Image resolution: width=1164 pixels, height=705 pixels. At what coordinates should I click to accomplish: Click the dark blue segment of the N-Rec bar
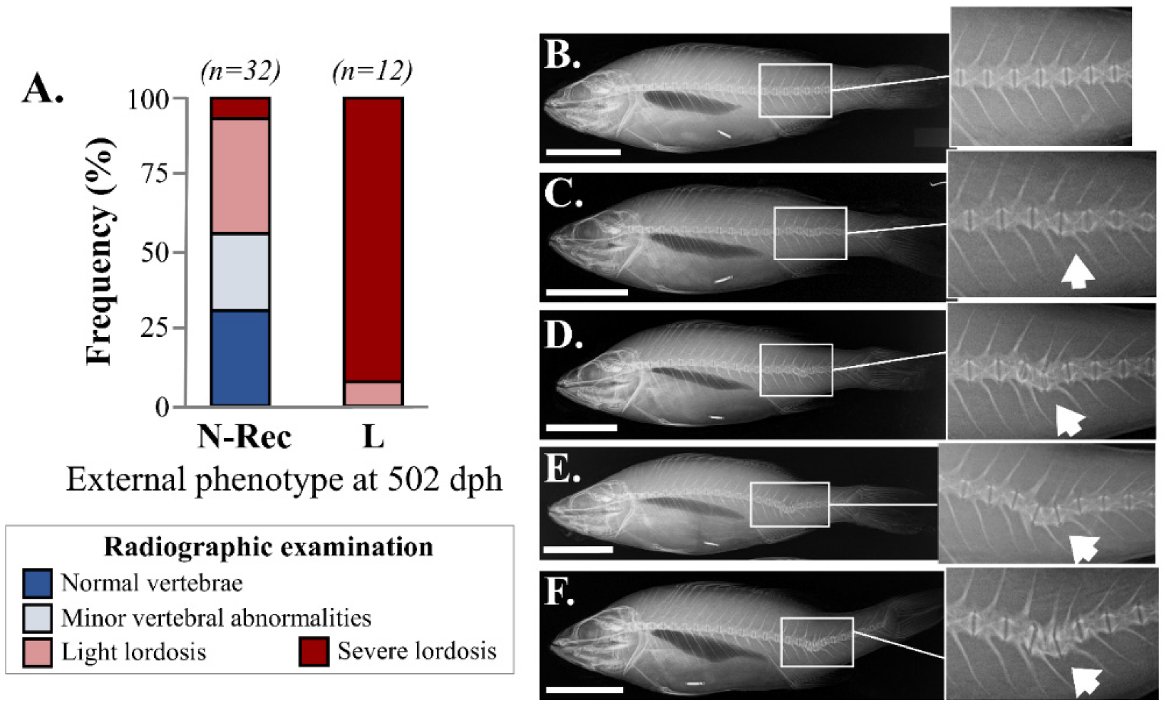[x=240, y=358]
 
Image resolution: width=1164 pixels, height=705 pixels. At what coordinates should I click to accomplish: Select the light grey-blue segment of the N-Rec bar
[x=240, y=272]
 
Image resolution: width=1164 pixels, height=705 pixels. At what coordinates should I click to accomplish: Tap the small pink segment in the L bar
[x=373, y=394]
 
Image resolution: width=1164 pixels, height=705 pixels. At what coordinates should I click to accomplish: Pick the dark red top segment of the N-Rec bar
[x=240, y=108]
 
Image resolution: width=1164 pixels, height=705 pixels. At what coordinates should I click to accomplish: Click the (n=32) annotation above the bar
[x=240, y=71]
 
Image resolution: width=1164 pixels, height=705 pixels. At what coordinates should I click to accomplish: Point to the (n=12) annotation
[x=372, y=71]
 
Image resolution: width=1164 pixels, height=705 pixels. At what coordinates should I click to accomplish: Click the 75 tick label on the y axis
[x=155, y=174]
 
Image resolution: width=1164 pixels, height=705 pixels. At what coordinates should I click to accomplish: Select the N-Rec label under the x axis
[x=244, y=437]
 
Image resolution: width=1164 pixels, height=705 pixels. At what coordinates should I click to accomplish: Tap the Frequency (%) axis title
[x=100, y=251]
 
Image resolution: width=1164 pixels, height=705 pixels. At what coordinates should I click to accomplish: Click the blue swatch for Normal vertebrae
[x=37, y=583]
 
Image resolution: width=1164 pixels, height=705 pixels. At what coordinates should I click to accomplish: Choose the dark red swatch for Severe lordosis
[x=314, y=651]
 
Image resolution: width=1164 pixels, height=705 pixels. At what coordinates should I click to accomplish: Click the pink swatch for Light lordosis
[x=37, y=652]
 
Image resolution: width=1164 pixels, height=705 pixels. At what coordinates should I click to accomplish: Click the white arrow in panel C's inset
[x=1077, y=273]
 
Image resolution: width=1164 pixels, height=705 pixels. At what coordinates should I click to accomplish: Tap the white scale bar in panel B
[x=583, y=152]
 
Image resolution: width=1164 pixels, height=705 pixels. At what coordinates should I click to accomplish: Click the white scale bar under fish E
[x=578, y=550]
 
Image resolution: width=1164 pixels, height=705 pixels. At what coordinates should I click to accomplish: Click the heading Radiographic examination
[x=269, y=547]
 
